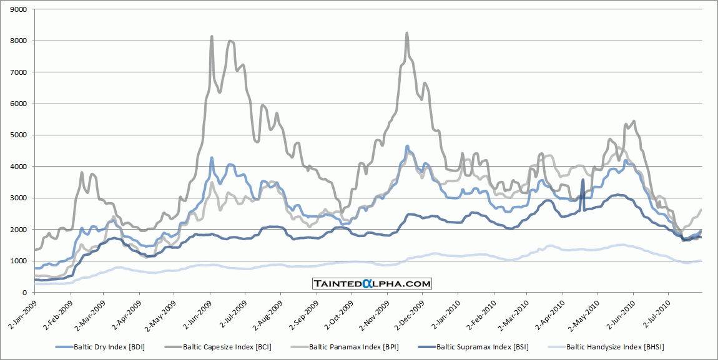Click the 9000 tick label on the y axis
18,9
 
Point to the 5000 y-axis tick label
18,135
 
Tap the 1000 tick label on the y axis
18,261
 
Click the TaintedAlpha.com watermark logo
372,284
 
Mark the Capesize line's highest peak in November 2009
407,33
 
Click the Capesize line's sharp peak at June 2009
212,37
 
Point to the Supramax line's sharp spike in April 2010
583,180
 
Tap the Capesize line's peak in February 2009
82,172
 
